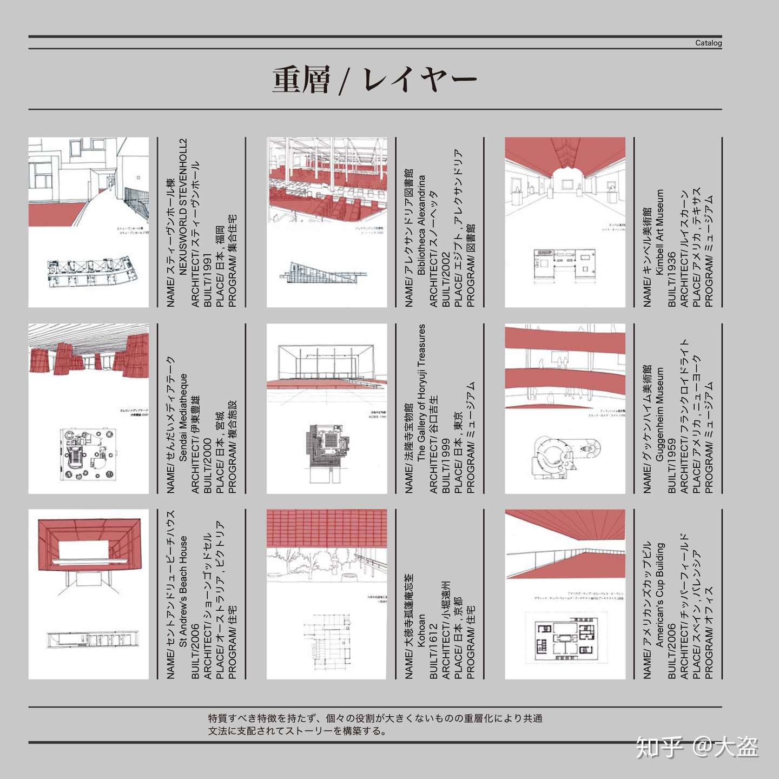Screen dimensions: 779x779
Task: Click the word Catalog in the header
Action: coord(708,43)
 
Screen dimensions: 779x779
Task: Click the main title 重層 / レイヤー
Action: coord(374,80)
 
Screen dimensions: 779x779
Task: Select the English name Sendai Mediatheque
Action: coord(183,417)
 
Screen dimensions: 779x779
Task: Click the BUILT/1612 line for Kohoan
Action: coord(433,651)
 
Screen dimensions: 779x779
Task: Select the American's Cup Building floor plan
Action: coord(565,638)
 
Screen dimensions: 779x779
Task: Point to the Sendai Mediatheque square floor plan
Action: coord(88,454)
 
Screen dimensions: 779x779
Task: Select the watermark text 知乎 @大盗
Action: coord(697,748)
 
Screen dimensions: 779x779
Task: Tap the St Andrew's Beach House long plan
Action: coord(93,639)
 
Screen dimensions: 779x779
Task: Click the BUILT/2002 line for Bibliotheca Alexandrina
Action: coord(445,279)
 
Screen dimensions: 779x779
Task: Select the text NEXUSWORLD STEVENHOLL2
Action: coord(183,207)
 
